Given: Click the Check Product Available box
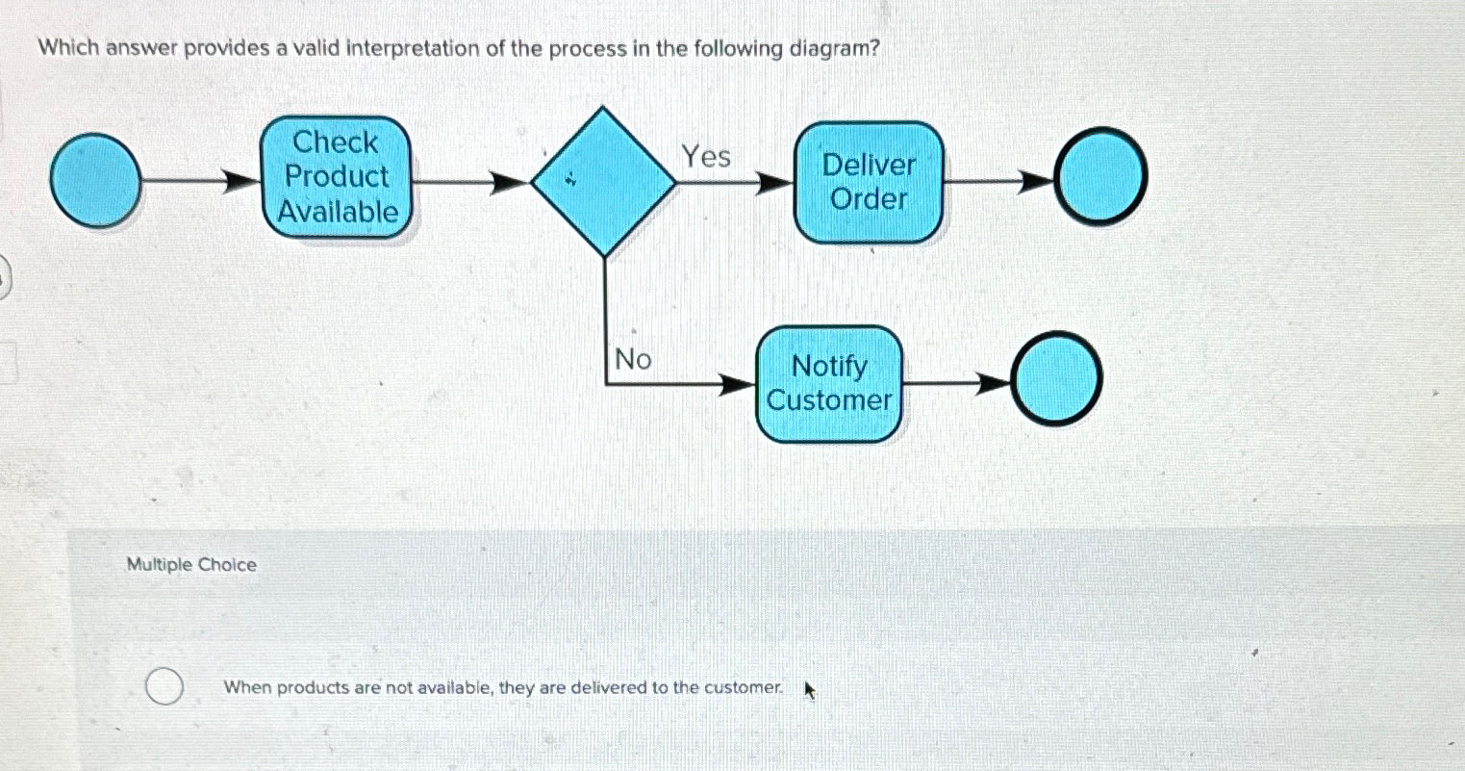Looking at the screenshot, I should click(337, 177).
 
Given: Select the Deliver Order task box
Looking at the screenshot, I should click(868, 182).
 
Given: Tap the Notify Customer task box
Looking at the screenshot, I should click(829, 384).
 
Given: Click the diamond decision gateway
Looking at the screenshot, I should click(604, 181).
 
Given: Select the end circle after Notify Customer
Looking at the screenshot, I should click(1057, 379).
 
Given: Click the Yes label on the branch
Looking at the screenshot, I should click(706, 156).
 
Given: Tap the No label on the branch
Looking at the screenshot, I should click(632, 360).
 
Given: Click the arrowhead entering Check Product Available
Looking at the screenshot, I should click(244, 180).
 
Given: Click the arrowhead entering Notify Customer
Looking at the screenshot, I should click(738, 385).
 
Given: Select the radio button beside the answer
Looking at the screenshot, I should click(164, 687).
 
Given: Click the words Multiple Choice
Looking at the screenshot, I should click(191, 565).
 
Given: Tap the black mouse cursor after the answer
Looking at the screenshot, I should click(809, 690).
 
